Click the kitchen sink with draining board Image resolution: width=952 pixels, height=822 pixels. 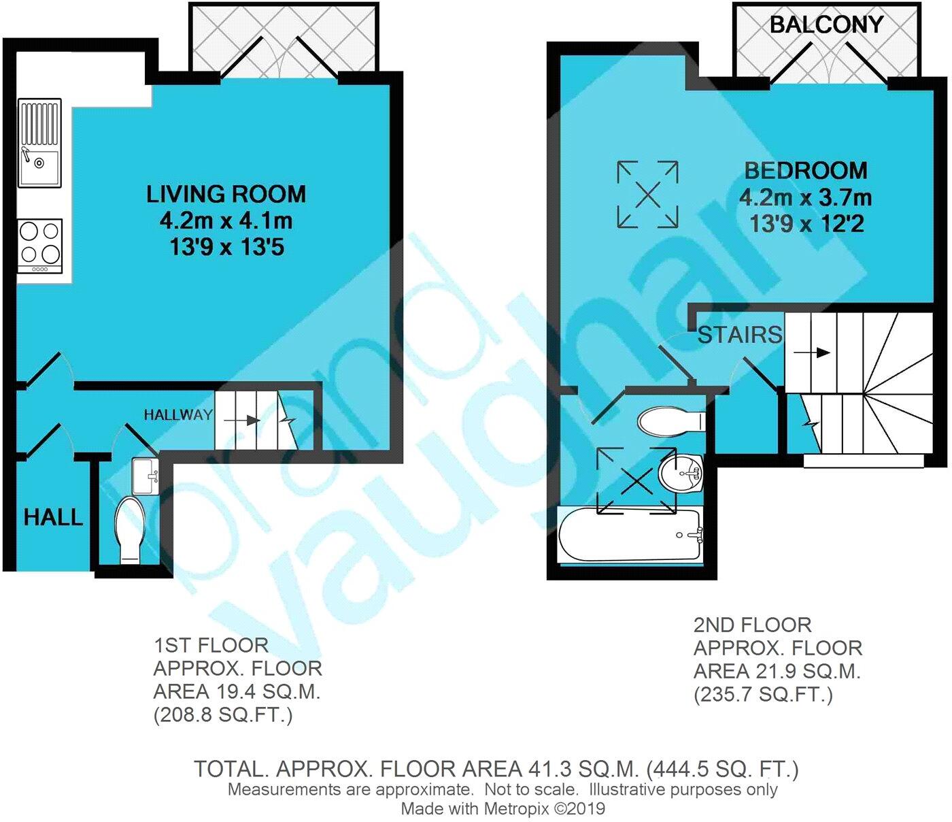[39, 143]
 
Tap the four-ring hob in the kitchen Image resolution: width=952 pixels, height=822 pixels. [39, 246]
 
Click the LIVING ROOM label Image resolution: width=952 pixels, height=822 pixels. [226, 194]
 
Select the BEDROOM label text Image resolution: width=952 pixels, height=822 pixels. [806, 171]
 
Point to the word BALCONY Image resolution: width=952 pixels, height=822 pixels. [827, 24]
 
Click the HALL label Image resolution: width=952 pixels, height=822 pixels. [54, 517]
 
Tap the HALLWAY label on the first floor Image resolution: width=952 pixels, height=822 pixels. [178, 415]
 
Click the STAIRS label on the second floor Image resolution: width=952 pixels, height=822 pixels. [740, 335]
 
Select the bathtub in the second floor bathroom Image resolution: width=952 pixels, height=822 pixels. [630, 536]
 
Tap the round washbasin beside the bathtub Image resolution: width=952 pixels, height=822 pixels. [680, 474]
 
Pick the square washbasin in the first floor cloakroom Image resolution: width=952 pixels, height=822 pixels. [146, 476]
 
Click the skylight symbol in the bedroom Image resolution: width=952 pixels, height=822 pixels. [647, 195]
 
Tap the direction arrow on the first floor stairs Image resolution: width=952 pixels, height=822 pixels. [240, 421]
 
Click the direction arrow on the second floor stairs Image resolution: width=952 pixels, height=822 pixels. [811, 353]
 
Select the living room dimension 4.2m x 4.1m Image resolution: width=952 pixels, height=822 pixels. [226, 221]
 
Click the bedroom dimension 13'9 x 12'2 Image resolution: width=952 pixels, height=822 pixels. [806, 225]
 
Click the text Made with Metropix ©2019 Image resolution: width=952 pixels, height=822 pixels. [503, 808]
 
